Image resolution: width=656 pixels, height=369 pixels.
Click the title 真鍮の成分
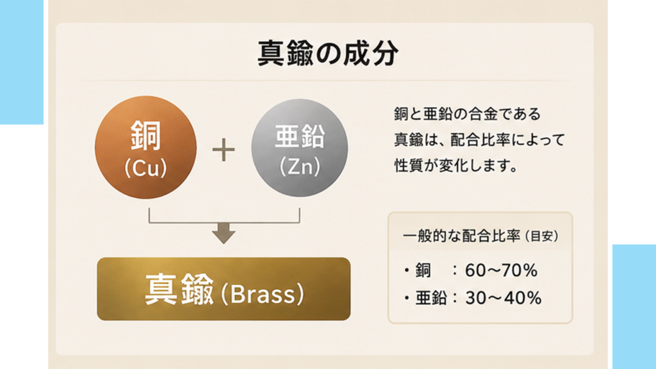tap(327, 53)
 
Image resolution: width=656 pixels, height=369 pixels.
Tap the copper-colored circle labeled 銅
tap(145, 147)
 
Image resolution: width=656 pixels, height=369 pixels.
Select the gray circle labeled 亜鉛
tap(300, 148)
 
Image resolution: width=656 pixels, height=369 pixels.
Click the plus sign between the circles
tap(224, 150)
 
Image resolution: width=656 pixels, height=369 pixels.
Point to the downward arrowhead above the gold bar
tap(224, 234)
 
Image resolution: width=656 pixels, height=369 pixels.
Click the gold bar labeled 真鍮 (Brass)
tap(224, 289)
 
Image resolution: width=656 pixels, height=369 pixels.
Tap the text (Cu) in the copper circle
tap(145, 168)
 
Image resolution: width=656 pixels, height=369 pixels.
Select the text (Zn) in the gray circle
tap(300, 167)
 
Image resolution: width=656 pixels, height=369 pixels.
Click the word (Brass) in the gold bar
tap(262, 294)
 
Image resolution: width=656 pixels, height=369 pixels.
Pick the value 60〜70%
tap(501, 271)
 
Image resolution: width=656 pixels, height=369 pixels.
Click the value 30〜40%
tap(504, 299)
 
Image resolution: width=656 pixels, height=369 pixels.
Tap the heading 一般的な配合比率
tap(461, 236)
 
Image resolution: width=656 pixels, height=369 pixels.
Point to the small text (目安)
tap(541, 236)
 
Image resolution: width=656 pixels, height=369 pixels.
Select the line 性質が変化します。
tap(456, 166)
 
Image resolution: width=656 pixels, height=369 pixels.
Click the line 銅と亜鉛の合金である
tap(467, 114)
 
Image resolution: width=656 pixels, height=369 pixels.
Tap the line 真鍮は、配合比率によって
tap(479, 140)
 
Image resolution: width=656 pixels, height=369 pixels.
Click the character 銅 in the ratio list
tap(423, 271)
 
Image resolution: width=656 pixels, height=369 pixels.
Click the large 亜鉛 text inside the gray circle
tap(300, 136)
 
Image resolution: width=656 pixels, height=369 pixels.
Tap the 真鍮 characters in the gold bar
tap(179, 290)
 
